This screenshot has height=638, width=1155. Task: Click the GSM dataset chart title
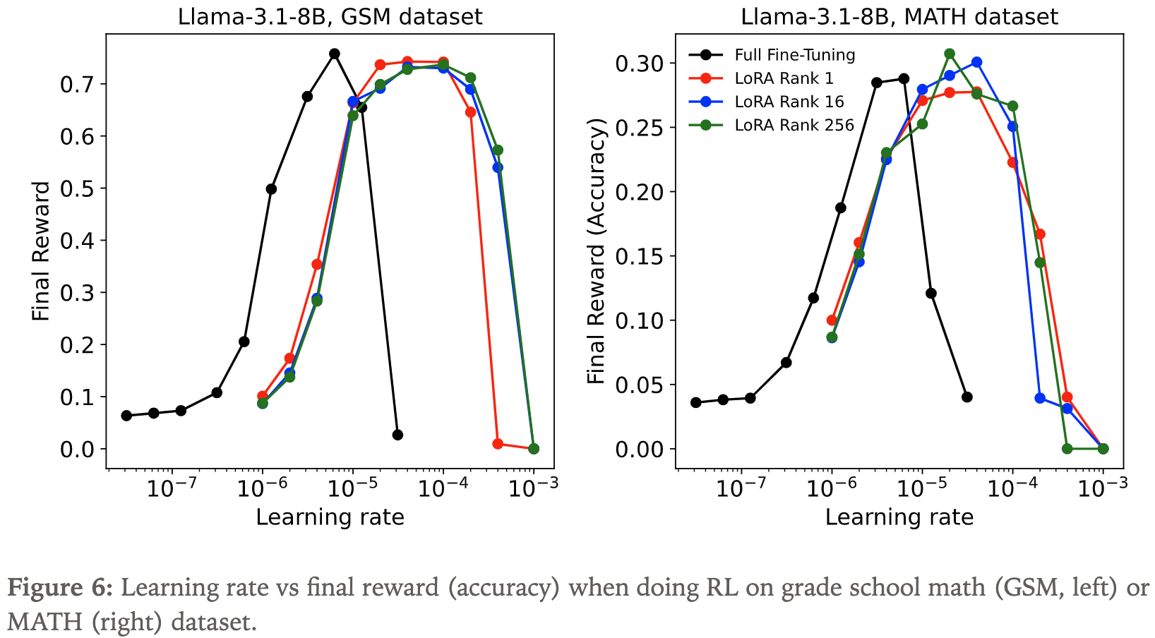click(330, 16)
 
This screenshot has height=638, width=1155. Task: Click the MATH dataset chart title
click(899, 16)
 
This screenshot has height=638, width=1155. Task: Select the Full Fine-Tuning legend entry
click(794, 55)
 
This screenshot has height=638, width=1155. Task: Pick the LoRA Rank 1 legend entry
click(784, 78)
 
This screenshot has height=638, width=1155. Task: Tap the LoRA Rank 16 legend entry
click(789, 102)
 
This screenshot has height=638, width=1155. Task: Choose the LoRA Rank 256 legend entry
click(794, 125)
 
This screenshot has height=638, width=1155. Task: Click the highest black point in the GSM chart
click(335, 54)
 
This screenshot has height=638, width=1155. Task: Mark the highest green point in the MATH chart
click(950, 54)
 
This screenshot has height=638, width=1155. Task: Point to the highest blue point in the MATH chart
click(976, 62)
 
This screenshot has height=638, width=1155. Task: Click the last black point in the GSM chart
click(397, 435)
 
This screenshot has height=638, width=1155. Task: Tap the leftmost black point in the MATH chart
click(696, 402)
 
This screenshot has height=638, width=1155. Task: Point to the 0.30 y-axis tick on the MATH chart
click(639, 64)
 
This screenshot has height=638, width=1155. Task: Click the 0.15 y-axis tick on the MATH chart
click(639, 256)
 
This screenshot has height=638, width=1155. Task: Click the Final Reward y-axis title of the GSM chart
click(42, 251)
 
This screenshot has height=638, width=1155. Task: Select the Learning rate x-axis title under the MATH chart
click(899, 517)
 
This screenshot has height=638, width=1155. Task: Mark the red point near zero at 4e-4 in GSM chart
click(498, 444)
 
